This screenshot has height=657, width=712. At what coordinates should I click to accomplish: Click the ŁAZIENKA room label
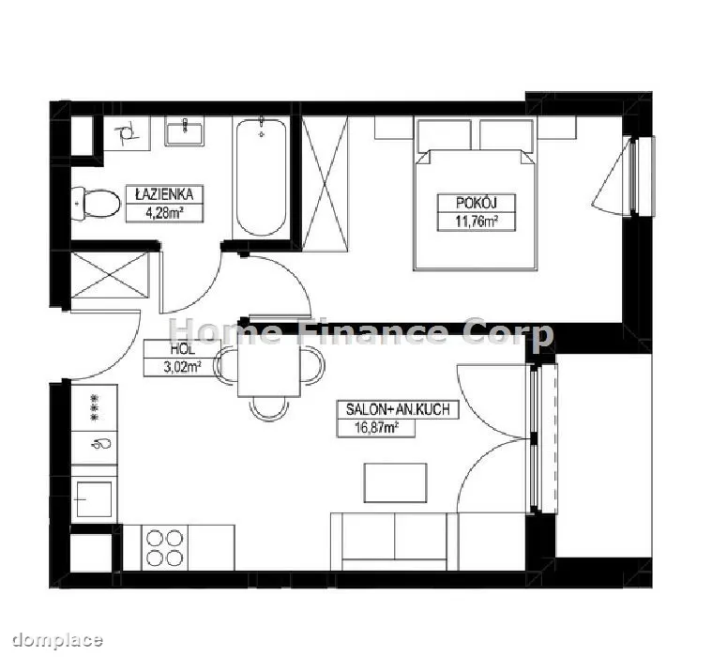164,194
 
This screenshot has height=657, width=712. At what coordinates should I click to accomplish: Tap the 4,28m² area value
164,213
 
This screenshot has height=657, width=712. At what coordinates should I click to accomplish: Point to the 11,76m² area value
477,222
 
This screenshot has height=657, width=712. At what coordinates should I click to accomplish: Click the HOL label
183,349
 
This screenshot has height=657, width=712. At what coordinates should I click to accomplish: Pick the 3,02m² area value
183,367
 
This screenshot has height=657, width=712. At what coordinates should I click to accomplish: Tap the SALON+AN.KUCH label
398,409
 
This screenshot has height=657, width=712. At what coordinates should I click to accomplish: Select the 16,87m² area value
376,428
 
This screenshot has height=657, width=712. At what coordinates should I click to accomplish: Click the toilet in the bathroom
96,205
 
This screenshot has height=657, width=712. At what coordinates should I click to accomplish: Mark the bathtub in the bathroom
261,176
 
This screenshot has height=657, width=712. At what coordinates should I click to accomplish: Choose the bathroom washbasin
185,130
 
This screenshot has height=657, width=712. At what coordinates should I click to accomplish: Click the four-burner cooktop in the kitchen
165,547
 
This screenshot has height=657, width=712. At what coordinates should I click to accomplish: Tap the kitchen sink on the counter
95,499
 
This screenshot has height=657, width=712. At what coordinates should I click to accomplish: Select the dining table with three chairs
269,372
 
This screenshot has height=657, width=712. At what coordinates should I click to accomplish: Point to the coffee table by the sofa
396,483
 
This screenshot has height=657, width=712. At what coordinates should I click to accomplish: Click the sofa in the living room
394,542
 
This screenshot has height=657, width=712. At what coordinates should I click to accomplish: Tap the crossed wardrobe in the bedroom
325,184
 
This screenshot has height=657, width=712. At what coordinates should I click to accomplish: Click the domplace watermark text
57,641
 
